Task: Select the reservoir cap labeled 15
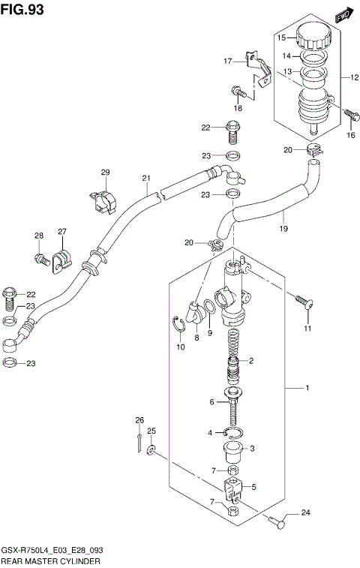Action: [x=310, y=35]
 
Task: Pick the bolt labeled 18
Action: [x=237, y=93]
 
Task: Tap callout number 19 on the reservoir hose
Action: [x=283, y=229]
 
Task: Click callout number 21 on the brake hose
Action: [x=147, y=179]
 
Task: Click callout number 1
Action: [x=306, y=388]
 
